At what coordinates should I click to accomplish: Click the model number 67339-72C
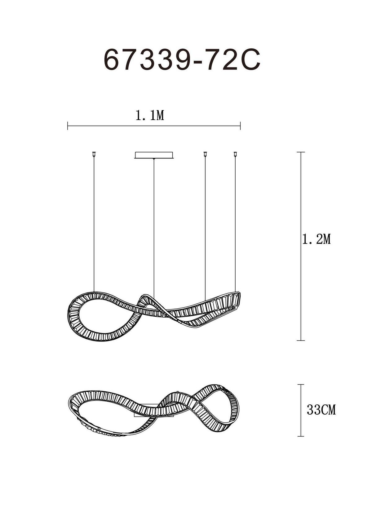click(182, 60)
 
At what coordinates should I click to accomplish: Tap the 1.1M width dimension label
click(150, 116)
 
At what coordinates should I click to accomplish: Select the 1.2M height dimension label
click(317, 240)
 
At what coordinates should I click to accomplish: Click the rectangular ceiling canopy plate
click(154, 155)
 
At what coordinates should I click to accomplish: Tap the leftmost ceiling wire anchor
click(94, 154)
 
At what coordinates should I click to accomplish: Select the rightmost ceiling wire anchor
click(235, 154)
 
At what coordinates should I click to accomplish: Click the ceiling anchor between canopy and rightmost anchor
click(205, 154)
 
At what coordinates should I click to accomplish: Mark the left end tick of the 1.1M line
click(68, 126)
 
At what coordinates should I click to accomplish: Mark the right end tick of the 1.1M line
click(240, 126)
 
